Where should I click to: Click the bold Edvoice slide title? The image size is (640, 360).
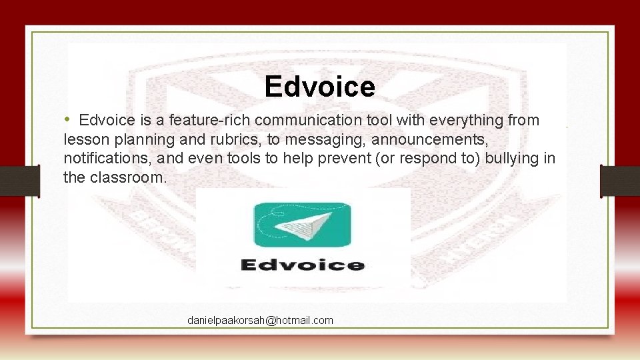tap(319, 87)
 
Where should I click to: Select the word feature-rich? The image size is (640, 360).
tap(210, 120)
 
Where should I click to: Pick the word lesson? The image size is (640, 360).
tap(82, 139)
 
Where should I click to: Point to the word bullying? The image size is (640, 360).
tap(513, 159)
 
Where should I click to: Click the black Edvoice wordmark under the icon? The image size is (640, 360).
tap(303, 265)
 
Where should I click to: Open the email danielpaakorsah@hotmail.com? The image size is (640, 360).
tap(260, 321)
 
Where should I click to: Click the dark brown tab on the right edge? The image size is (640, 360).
tap(620, 181)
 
